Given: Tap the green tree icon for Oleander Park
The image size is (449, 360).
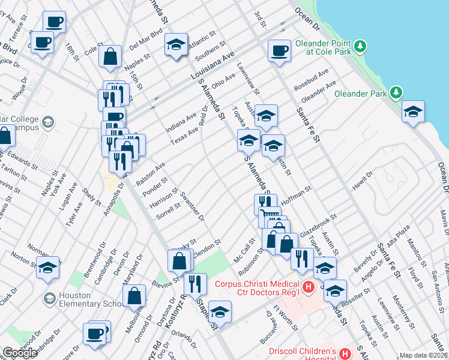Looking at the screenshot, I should coord(396,92).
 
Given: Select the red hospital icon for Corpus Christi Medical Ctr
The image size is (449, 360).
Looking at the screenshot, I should coord(309,287).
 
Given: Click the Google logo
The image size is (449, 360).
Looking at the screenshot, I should coord(20,353).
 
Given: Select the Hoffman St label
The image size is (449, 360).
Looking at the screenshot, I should coord(295,195).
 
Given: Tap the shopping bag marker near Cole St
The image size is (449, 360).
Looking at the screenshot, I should coord(111,57).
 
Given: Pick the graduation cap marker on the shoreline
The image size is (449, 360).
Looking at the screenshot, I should coord(413,112).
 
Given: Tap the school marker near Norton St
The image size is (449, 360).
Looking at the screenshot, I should coord(47,268).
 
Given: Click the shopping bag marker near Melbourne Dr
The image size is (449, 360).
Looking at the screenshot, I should coord(134,296).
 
